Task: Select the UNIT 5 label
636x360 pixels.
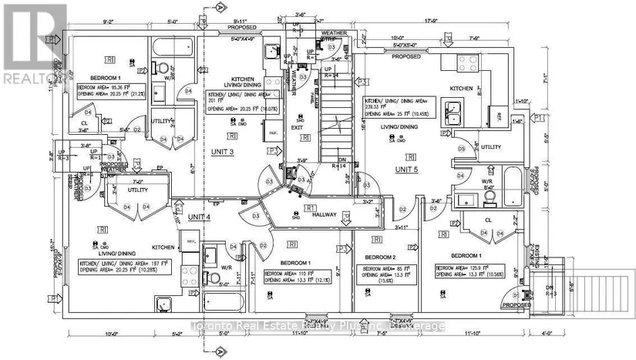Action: [x=409, y=168]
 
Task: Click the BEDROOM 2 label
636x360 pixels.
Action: [x=381, y=257]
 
